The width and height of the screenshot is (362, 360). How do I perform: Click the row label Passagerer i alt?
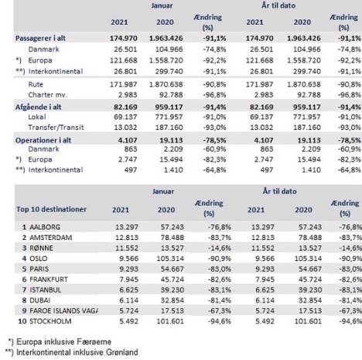[x=40, y=38]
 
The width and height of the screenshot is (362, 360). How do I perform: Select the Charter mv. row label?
[x=48, y=94]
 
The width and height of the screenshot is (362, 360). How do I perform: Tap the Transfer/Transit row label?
[x=56, y=127]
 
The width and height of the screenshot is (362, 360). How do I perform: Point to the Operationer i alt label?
[x=43, y=140]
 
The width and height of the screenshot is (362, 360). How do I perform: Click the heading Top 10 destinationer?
[x=52, y=209]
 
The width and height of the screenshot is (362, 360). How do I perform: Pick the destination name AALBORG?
[x=45, y=227]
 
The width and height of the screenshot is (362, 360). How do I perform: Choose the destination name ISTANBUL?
[x=46, y=290]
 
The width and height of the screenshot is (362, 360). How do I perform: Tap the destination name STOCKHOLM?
[x=50, y=321]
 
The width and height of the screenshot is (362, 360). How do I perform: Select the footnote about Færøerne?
[x=60, y=341]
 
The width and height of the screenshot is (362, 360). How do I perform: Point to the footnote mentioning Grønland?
[x=72, y=352]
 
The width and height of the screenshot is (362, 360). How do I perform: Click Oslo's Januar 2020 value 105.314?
[x=170, y=259]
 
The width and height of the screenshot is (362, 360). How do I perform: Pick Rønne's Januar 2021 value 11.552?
[x=127, y=248]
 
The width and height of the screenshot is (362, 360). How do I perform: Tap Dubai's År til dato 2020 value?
[x=310, y=300]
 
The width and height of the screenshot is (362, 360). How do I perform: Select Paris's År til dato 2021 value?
[x=265, y=269]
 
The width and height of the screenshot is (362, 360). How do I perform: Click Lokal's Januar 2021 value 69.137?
[x=125, y=117]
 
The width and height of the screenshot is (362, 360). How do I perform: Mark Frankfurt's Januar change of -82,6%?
[x=219, y=279]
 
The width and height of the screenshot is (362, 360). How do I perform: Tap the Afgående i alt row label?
[x=38, y=107]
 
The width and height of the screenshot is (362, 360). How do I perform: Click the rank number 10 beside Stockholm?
[x=22, y=321]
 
